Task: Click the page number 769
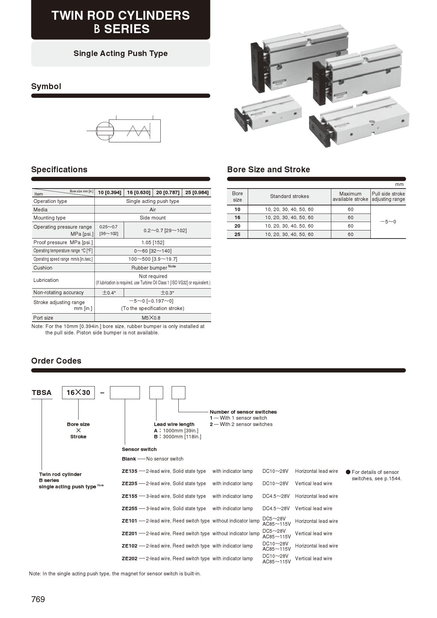(x=38, y=599)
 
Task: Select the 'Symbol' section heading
(x=46, y=86)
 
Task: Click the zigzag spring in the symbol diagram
(x=139, y=131)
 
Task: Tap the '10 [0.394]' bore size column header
(x=109, y=192)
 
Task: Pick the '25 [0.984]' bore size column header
(x=197, y=192)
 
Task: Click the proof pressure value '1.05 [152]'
(x=153, y=242)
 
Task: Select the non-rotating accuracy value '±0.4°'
(x=109, y=292)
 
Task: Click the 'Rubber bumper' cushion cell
(x=153, y=268)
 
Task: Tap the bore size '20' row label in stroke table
(x=237, y=226)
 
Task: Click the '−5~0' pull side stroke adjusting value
(x=388, y=222)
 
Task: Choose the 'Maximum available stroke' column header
(x=350, y=196)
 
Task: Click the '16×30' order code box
(x=78, y=393)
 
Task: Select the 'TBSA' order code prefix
(x=42, y=393)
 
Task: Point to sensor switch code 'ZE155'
(x=129, y=496)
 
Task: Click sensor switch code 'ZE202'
(x=129, y=558)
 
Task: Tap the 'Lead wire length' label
(x=174, y=424)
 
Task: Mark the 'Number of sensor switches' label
(x=243, y=412)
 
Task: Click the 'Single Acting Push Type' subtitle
(x=121, y=54)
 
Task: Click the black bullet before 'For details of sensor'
(x=348, y=472)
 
